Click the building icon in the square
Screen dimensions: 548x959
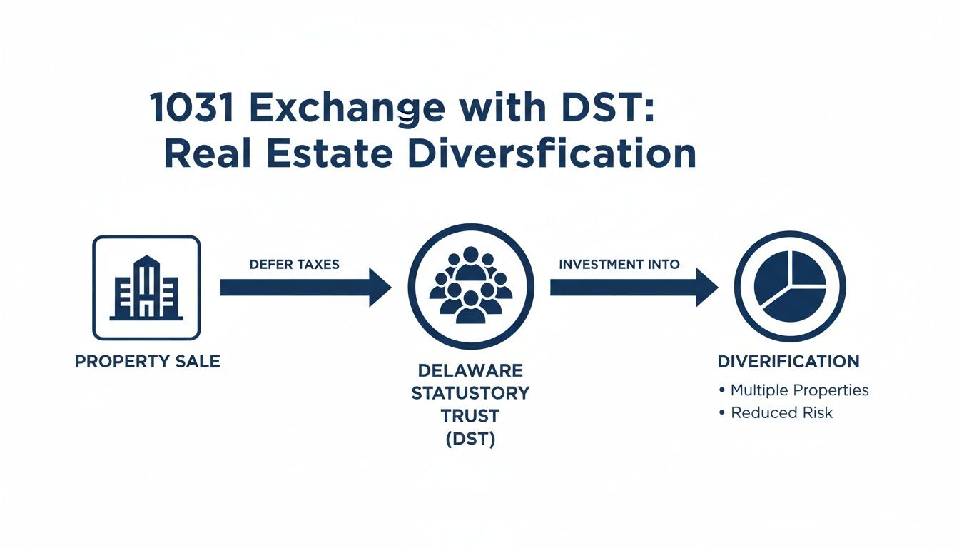tap(146, 288)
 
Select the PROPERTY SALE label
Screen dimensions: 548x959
tap(147, 362)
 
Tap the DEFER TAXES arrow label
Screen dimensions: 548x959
tap(295, 264)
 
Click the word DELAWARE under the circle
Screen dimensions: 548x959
tap(470, 371)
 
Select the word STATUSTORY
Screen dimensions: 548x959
tap(470, 393)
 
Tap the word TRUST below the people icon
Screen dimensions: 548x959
tap(470, 416)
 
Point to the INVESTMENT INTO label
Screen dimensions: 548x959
tap(619, 264)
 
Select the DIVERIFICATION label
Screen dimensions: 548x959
tap(788, 362)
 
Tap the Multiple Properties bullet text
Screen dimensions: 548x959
tap(799, 390)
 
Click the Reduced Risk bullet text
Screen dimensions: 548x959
tap(781, 412)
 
